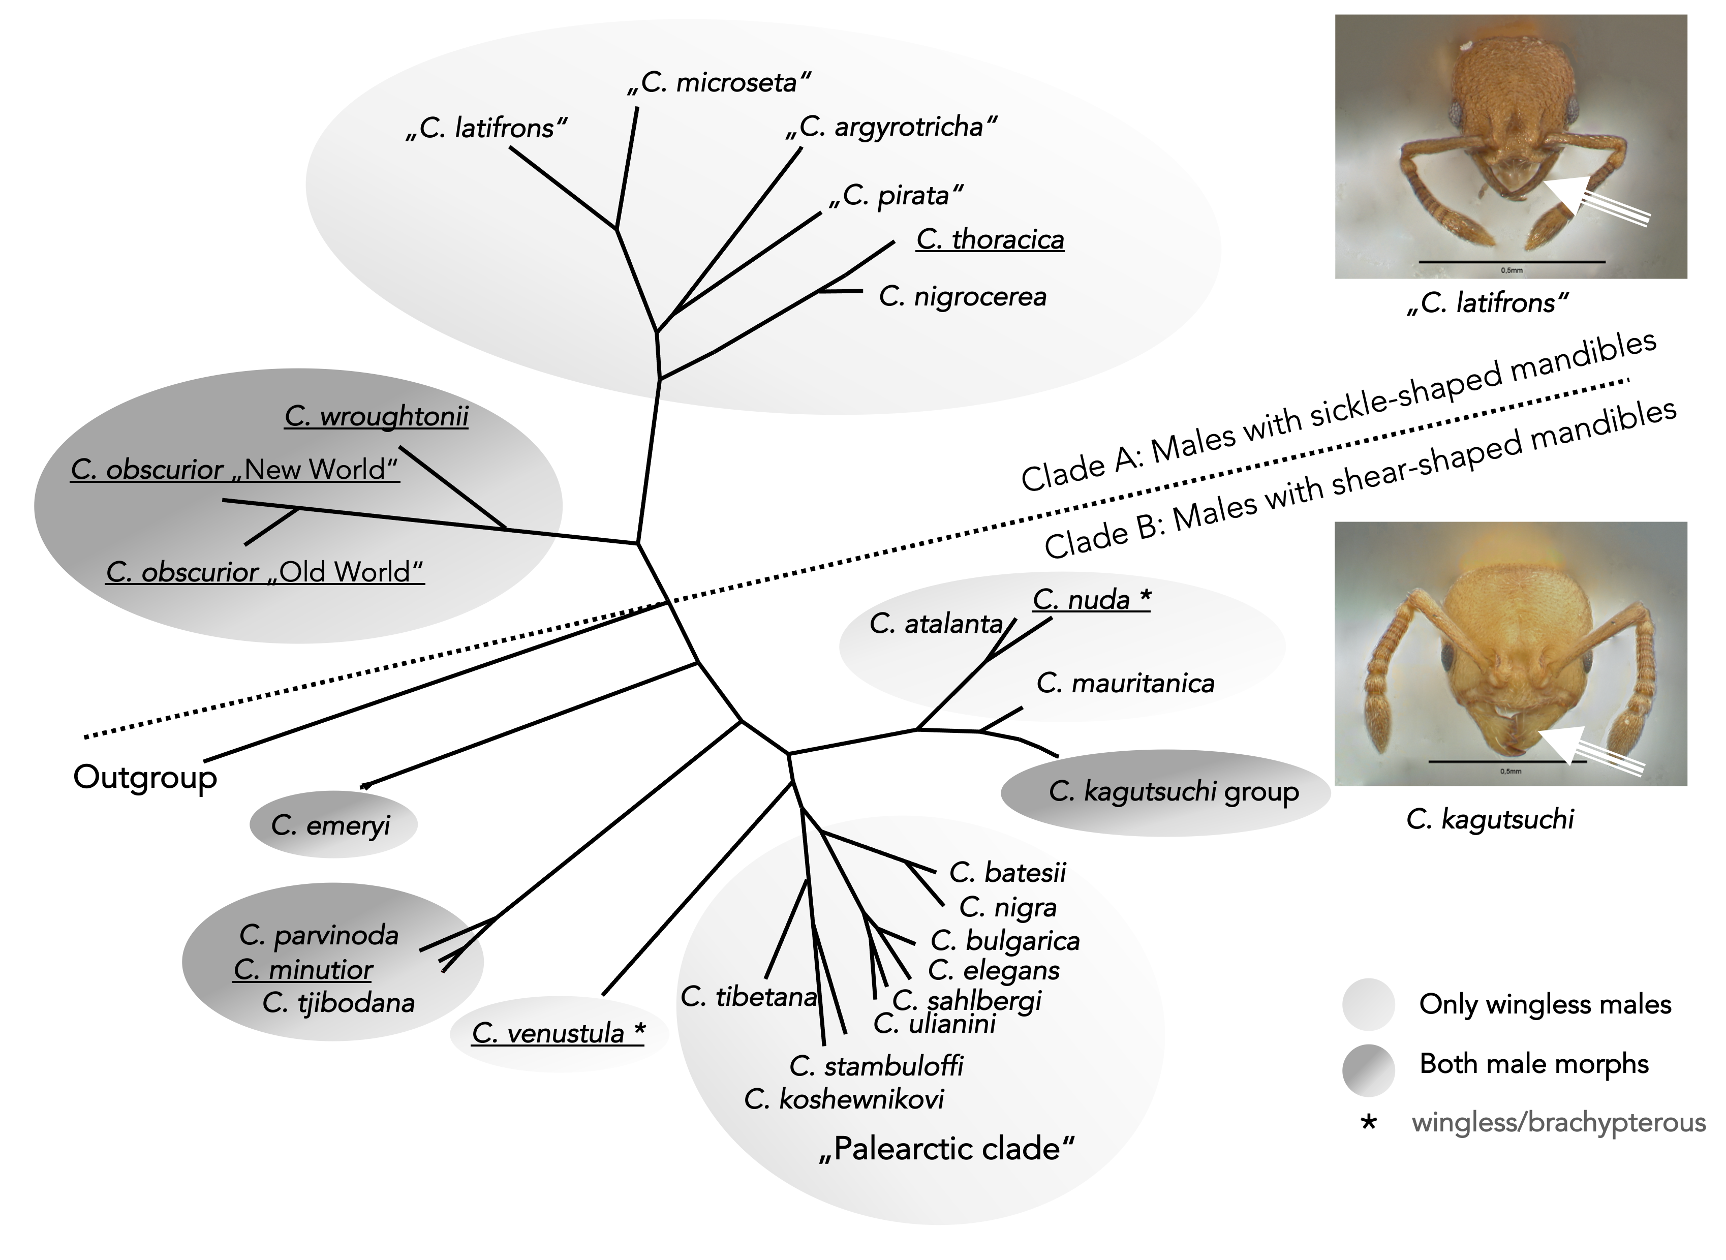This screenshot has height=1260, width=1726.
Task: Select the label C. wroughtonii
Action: [376, 416]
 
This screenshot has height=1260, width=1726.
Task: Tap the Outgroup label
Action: [145, 777]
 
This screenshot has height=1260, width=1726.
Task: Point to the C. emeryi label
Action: [331, 824]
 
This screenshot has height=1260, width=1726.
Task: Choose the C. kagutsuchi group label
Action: [1173, 792]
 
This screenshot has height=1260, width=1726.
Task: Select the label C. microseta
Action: [719, 82]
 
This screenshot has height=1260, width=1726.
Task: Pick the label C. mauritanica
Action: [1125, 684]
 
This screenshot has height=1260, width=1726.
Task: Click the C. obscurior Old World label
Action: [265, 571]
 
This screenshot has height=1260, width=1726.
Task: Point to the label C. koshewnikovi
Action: [844, 1099]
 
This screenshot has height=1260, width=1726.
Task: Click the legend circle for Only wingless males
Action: [1368, 1004]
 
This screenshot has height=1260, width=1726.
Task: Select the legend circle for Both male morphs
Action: [1368, 1069]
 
